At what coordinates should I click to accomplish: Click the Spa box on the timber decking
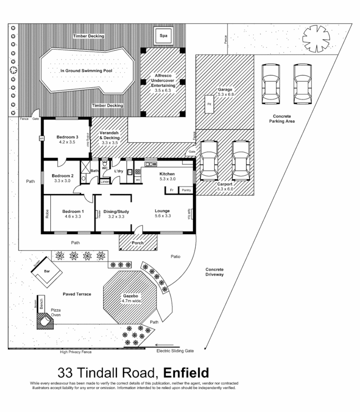click(163, 36)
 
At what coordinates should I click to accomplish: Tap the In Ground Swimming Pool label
click(86, 70)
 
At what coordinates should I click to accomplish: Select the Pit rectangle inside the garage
click(209, 104)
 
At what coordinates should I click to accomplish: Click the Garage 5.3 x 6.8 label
click(225, 92)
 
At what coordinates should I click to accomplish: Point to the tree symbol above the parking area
click(316, 39)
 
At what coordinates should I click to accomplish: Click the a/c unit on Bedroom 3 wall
click(41, 138)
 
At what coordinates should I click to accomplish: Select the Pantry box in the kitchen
click(186, 190)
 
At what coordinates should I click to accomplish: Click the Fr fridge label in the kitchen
click(171, 190)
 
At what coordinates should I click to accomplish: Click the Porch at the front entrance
click(138, 242)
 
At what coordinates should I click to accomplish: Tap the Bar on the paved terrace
click(47, 272)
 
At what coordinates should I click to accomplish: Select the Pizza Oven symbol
click(45, 321)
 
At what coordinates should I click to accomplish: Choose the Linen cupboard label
click(105, 181)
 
